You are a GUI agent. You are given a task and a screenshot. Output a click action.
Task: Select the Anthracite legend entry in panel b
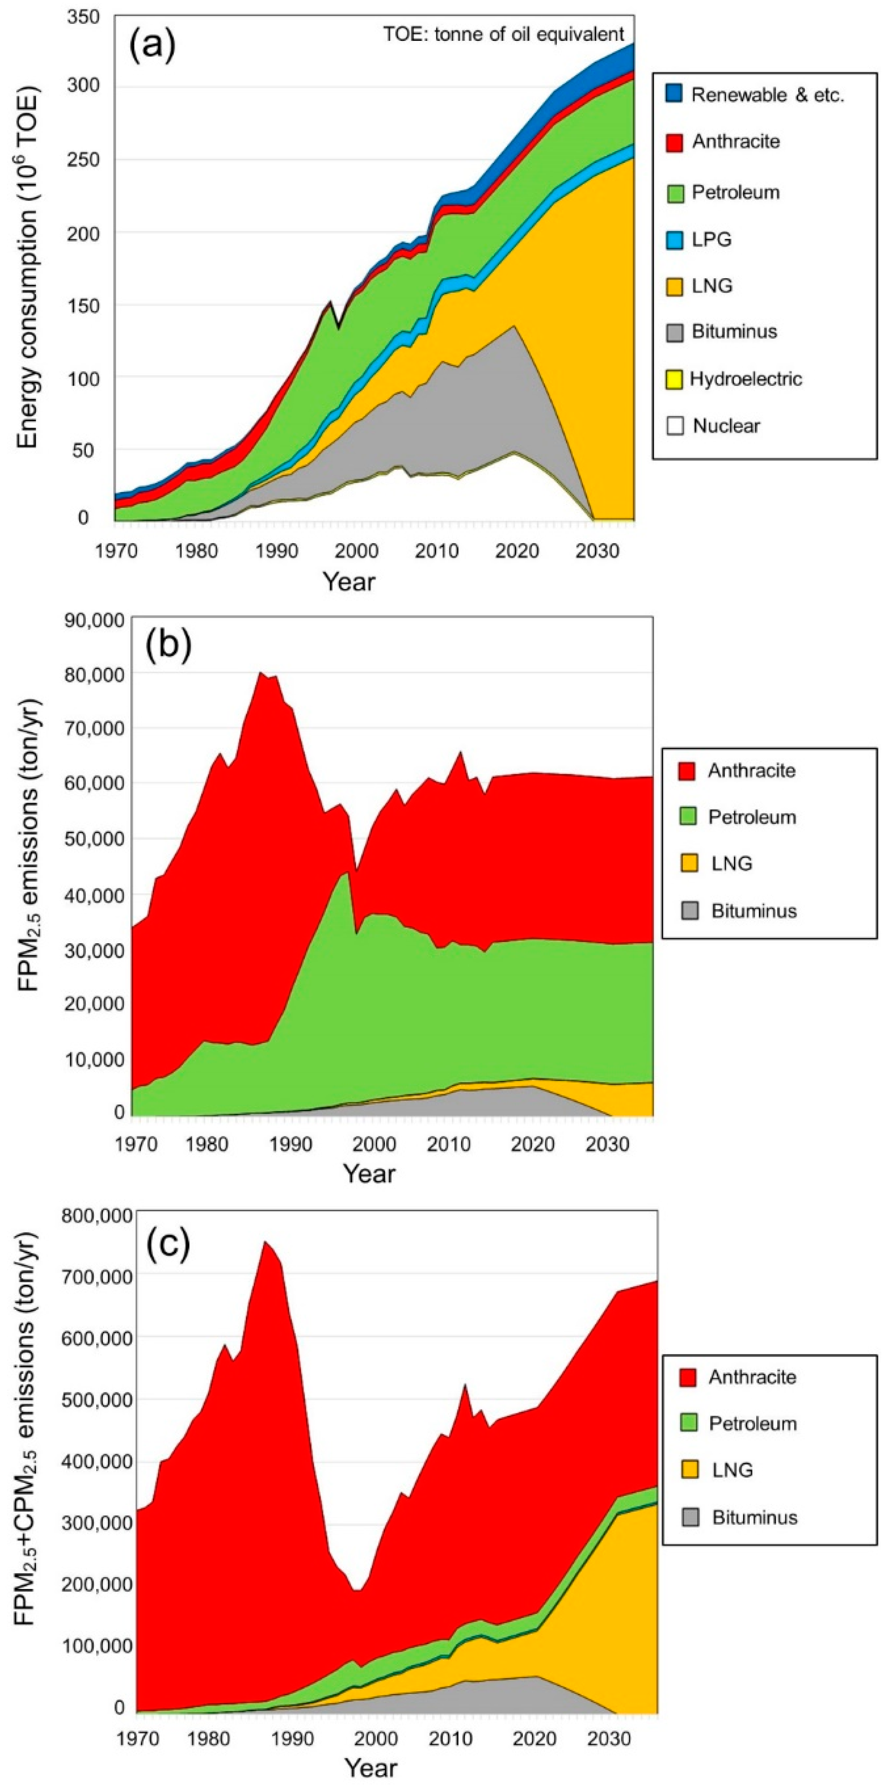coord(751,771)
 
